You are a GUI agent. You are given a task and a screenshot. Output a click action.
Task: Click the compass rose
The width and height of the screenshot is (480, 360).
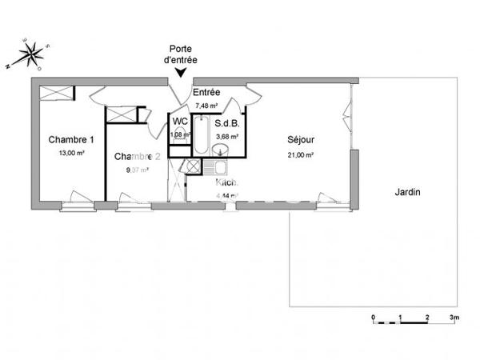point(30,53)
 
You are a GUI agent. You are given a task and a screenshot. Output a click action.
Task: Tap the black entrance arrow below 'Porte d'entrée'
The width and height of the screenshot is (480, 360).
point(182,73)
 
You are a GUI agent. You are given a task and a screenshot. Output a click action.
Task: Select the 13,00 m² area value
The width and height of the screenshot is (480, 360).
point(71,152)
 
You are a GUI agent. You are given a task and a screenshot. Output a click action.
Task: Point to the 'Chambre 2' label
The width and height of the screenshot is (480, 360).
point(138,156)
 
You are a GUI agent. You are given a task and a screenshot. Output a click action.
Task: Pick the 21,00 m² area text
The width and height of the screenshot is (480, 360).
point(300,155)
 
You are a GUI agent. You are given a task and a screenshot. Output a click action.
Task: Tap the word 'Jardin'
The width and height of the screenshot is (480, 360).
point(407,193)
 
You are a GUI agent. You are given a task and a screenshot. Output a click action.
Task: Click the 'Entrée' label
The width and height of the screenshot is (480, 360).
point(206,93)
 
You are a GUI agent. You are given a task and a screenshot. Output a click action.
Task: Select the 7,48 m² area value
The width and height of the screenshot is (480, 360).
point(206,105)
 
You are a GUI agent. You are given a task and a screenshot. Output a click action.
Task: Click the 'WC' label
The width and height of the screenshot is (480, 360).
point(181,122)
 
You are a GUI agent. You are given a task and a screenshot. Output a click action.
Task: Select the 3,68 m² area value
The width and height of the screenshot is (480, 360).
point(228,136)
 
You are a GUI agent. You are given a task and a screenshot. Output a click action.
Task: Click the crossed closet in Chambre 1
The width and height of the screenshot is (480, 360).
point(57,94)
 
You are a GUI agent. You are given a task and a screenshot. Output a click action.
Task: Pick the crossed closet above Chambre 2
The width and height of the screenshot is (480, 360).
point(122,114)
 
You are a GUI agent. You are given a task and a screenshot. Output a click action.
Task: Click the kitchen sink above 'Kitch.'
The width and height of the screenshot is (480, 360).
point(216,169)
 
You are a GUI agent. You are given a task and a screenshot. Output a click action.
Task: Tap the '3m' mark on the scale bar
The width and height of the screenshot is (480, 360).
point(454,318)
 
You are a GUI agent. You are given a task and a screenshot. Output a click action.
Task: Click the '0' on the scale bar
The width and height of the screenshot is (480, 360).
point(374,318)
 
